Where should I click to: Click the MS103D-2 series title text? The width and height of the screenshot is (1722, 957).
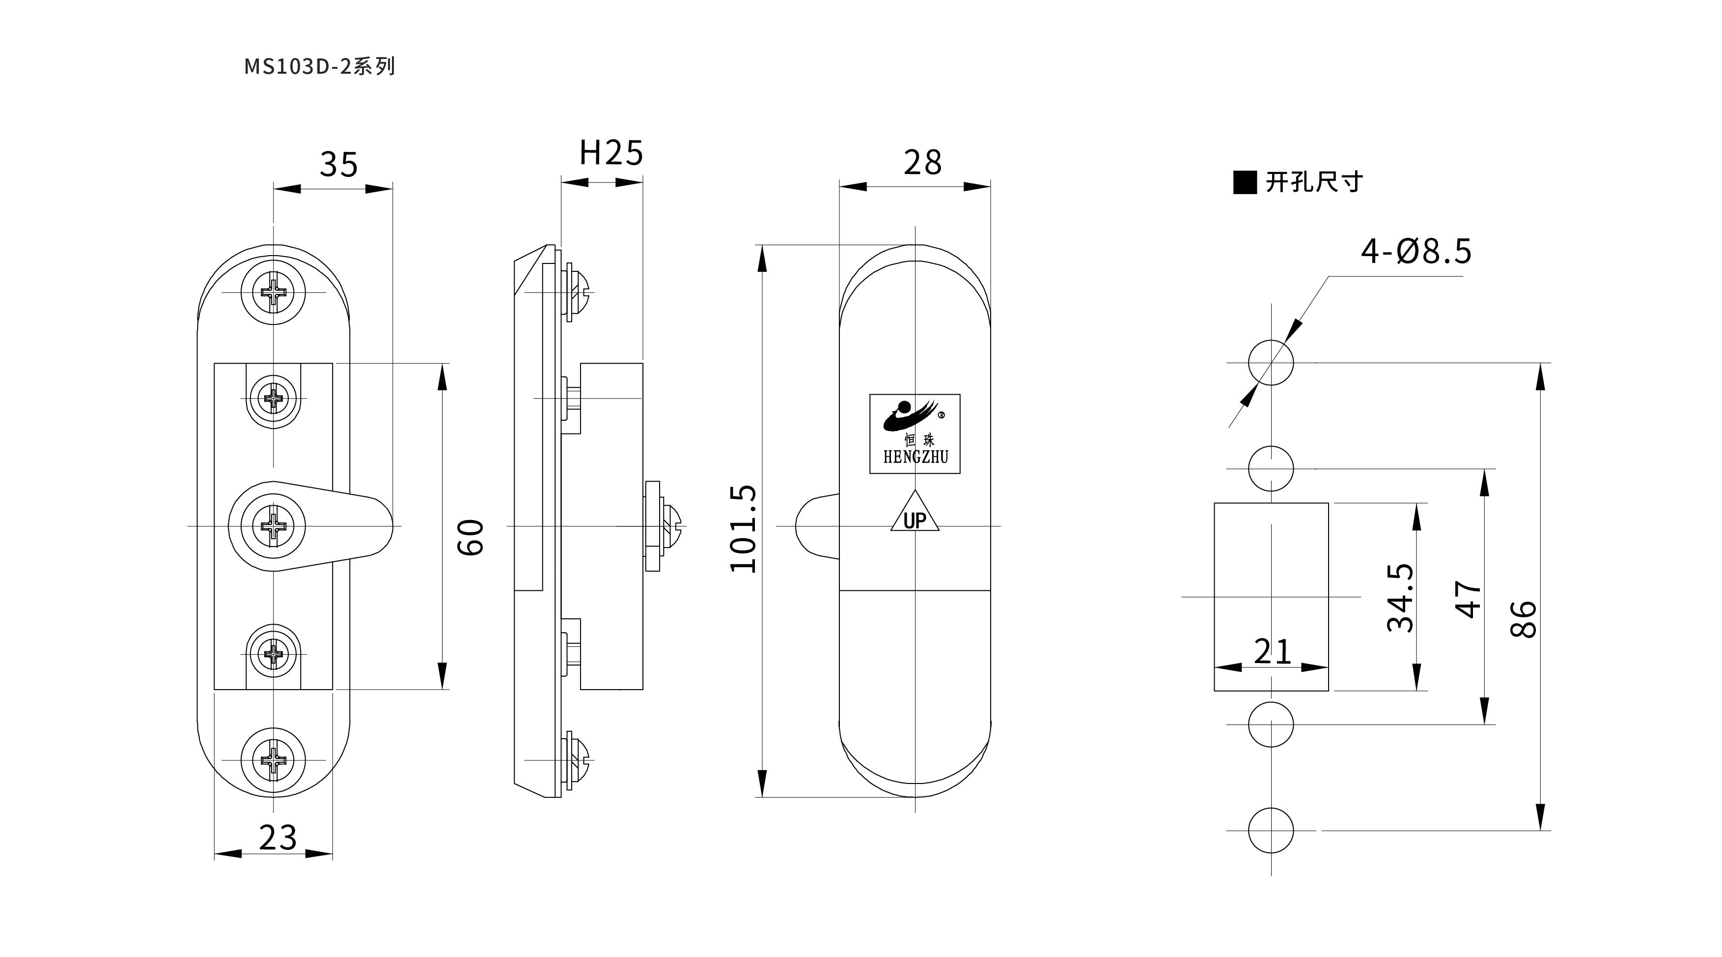tap(320, 67)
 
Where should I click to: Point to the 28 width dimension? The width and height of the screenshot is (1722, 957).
tap(922, 163)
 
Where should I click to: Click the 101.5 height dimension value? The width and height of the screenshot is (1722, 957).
tap(743, 528)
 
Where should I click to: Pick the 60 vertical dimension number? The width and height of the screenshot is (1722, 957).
tap(471, 537)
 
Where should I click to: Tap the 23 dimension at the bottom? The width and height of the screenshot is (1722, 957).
tap(278, 837)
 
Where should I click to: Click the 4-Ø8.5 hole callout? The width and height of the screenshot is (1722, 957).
tap(1416, 252)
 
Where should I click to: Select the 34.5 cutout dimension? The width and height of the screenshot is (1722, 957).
tap(1400, 597)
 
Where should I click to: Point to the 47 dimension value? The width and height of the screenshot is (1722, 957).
tap(1468, 599)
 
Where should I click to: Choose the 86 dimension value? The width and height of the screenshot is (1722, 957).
tap(1524, 619)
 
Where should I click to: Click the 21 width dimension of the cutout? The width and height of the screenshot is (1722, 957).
tap(1272, 651)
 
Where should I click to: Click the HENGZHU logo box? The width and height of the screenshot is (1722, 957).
tap(915, 434)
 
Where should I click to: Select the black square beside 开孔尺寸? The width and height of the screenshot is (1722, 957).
tap(1245, 182)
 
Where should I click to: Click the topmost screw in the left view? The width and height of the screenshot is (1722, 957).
tap(274, 292)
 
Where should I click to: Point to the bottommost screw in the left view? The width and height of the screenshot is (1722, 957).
tap(274, 760)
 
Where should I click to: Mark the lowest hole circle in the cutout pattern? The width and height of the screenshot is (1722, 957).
tap(1271, 831)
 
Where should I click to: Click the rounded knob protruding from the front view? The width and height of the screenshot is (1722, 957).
tap(817, 526)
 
